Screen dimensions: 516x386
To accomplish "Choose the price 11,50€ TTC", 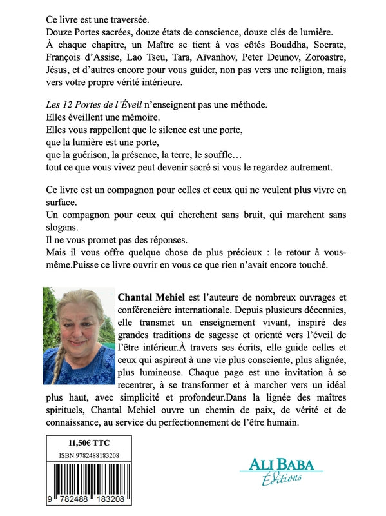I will point(87,444).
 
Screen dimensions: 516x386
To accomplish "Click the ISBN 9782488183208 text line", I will point(87,457).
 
